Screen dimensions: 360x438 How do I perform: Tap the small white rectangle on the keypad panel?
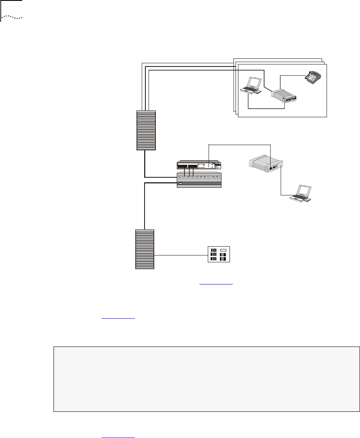tap(224, 251)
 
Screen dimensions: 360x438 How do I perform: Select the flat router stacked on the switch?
tap(199, 166)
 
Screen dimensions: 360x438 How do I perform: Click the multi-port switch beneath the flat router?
tap(199, 180)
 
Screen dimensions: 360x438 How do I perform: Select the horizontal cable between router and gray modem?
tap(240, 144)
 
